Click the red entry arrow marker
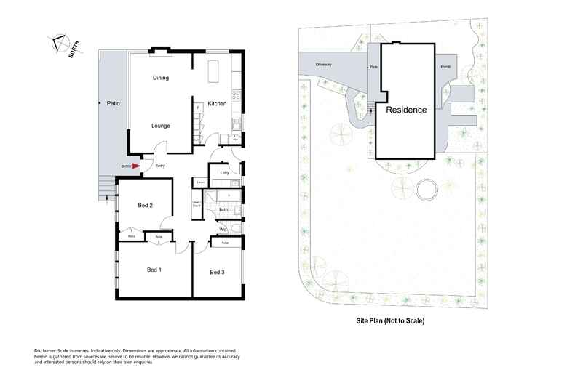pyautogui.click(x=135, y=166)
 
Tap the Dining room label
pyautogui.click(x=161, y=78)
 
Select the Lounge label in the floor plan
pyautogui.click(x=161, y=126)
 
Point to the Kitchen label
pyautogui.click(x=218, y=104)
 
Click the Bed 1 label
pyautogui.click(x=154, y=270)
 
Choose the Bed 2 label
pyautogui.click(x=146, y=206)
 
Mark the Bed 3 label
pyautogui.click(x=217, y=273)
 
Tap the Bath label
pyautogui.click(x=223, y=211)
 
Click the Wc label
pyautogui.click(x=223, y=230)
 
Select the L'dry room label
pyautogui.click(x=224, y=172)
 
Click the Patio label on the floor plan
pyautogui.click(x=113, y=104)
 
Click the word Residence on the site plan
pyautogui.click(x=406, y=110)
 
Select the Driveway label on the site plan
pyautogui.click(x=324, y=65)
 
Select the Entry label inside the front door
pyautogui.click(x=160, y=166)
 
